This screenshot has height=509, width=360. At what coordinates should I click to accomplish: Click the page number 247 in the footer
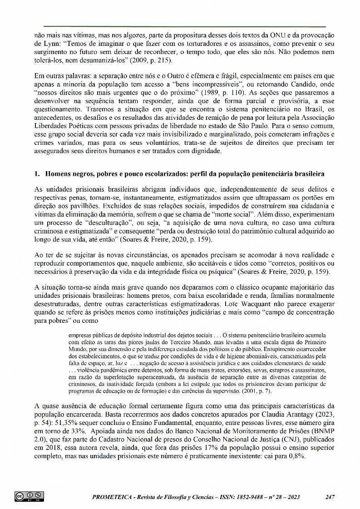pyautogui.click(x=330, y=497)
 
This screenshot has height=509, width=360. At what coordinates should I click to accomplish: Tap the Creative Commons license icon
pyautogui.click(x=29, y=496)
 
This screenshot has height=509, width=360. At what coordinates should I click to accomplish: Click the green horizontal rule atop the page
pyautogui.click(x=184, y=27)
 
